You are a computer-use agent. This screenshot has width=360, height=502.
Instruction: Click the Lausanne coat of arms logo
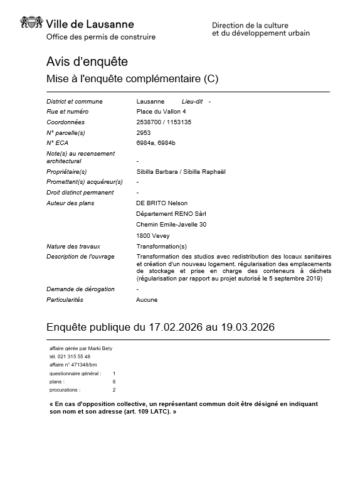(x=32, y=24)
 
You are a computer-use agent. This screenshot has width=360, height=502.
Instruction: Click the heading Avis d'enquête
(x=87, y=61)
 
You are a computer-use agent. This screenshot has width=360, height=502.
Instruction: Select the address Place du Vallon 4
(x=160, y=112)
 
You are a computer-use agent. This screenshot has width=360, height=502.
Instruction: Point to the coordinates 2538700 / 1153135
(x=164, y=122)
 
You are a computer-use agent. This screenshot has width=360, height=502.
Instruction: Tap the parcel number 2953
(x=143, y=132)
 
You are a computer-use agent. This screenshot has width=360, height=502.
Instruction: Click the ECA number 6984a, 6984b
(x=156, y=143)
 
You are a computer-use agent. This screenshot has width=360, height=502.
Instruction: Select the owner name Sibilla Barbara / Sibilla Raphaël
(x=181, y=171)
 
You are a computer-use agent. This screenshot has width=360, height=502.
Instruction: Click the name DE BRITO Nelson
(x=162, y=203)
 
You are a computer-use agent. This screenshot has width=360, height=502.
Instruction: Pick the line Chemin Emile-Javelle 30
(x=171, y=225)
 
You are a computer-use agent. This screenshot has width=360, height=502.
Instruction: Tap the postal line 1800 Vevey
(x=152, y=236)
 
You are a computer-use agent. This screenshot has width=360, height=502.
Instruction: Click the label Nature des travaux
(x=73, y=247)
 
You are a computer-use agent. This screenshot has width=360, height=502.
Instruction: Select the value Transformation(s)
(x=161, y=247)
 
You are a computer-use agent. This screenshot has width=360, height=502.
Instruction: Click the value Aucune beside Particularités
(x=147, y=300)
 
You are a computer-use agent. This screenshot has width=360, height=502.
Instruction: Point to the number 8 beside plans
(x=114, y=382)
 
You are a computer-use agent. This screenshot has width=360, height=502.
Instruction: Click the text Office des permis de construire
(x=101, y=37)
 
